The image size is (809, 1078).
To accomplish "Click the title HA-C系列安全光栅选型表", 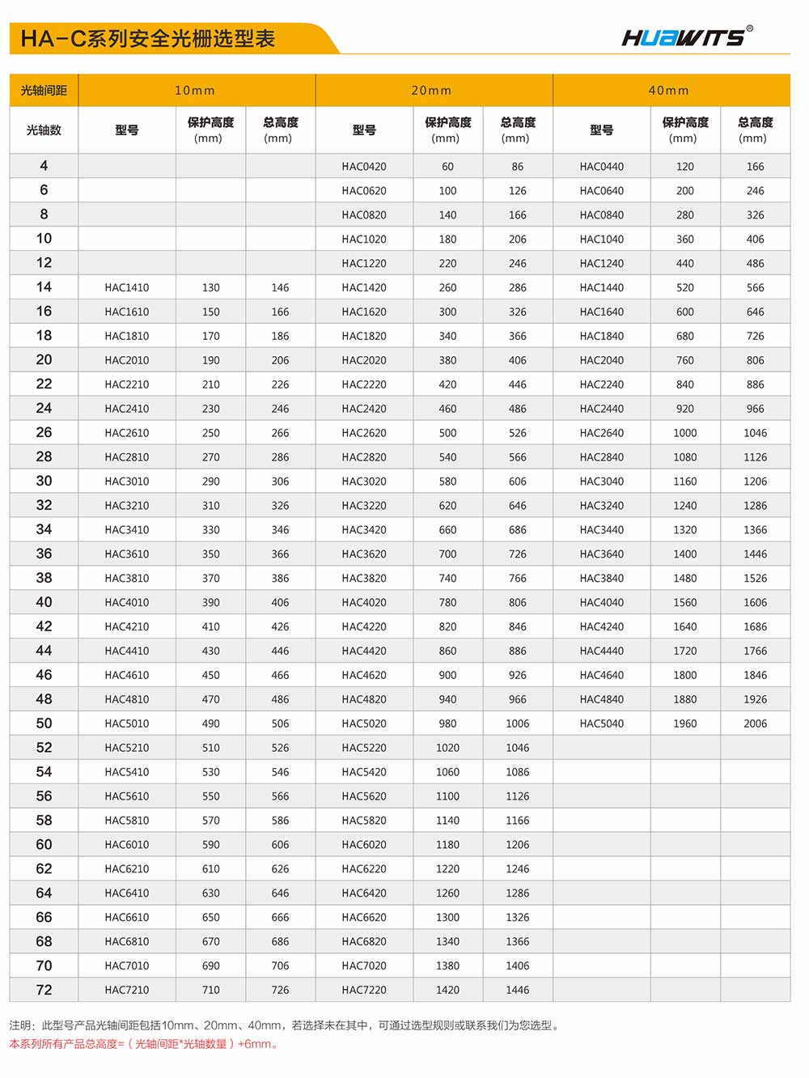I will point(148,39).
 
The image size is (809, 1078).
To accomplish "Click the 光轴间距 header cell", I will point(44,91).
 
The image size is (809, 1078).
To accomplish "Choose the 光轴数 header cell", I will point(44,130).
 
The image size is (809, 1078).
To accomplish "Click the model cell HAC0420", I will point(364,167).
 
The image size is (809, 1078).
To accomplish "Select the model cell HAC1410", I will point(127,287).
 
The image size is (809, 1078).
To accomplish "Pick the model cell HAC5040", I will point(602,724).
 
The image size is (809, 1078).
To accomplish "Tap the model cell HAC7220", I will point(364,990).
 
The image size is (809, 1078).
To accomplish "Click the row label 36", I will point(44,554).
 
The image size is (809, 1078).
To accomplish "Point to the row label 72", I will point(44,990).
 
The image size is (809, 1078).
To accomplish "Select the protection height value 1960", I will point(685,724).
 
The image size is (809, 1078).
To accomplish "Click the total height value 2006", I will point(755,724).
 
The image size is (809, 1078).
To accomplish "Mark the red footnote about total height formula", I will point(144,1044).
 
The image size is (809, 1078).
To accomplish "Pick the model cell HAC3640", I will point(602,554).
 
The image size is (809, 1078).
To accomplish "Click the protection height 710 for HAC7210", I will point(211,990).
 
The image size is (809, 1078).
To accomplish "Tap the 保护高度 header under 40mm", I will point(685,129).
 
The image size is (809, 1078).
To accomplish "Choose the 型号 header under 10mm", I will point(127,130).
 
